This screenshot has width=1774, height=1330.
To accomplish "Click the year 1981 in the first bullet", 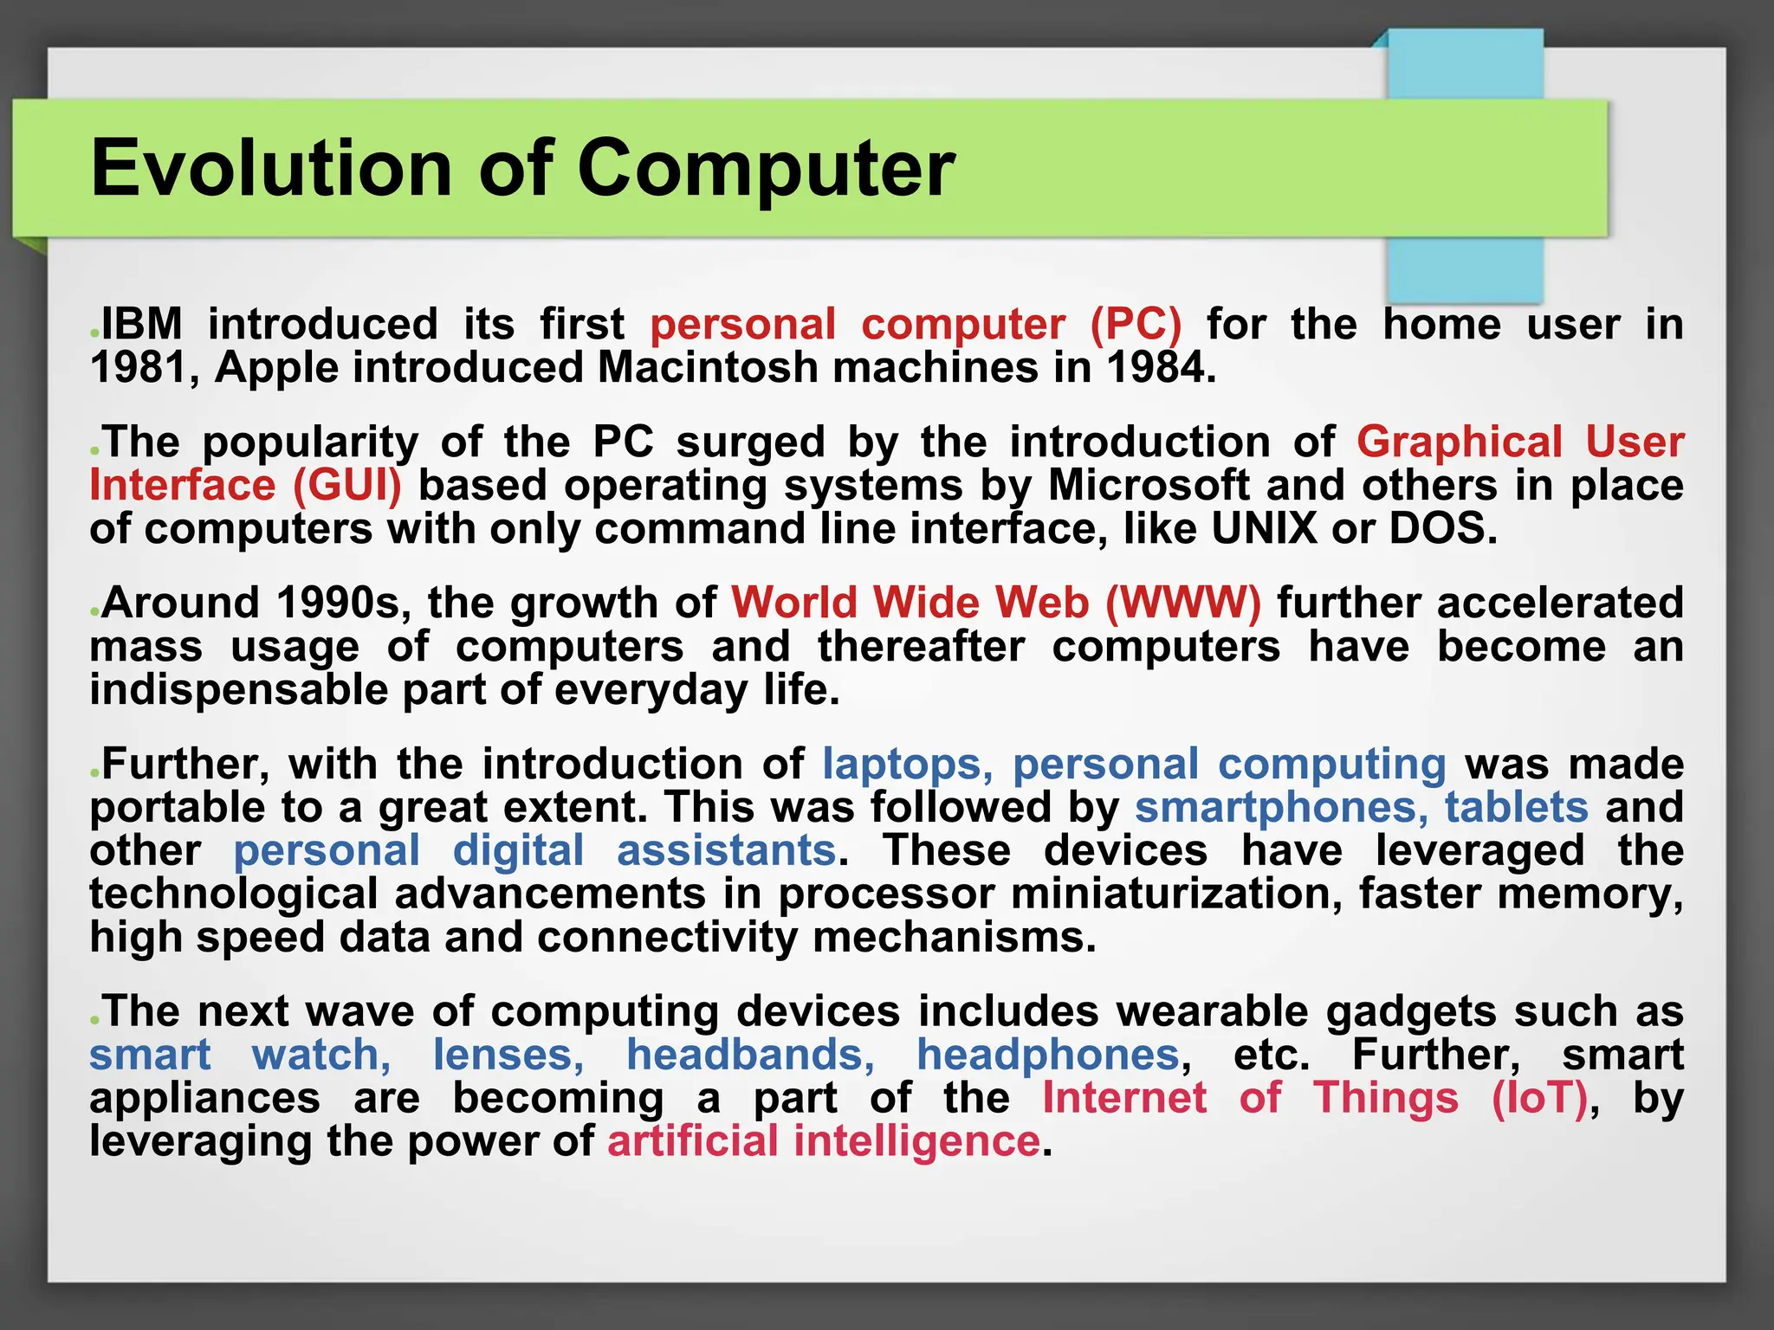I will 139,368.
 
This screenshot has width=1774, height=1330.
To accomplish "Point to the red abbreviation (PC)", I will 1136,325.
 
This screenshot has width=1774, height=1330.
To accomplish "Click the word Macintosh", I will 707,368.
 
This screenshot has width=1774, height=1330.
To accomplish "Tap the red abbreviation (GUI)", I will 347,485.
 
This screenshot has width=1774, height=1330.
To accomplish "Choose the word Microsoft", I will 1149,485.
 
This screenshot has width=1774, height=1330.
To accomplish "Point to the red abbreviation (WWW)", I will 1183,603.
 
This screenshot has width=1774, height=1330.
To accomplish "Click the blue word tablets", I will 1516,807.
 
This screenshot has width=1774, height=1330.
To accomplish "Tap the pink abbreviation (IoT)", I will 1540,1098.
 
